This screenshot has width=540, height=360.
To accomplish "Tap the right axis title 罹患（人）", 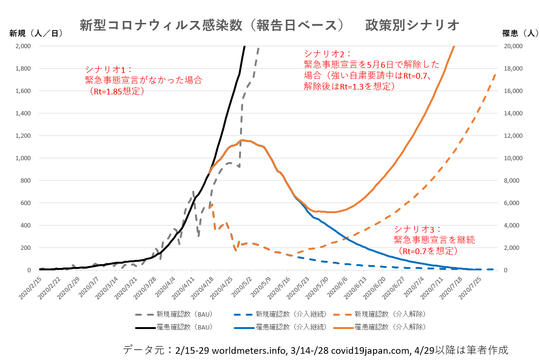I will click(520, 33).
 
